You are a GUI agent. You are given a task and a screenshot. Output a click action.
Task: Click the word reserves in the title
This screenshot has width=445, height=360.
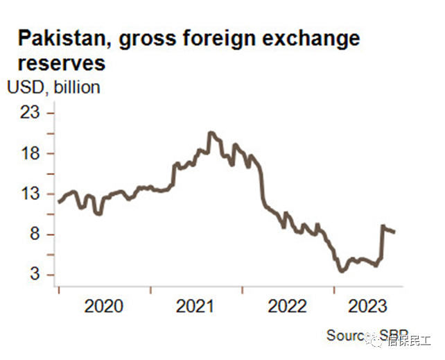click(x=60, y=63)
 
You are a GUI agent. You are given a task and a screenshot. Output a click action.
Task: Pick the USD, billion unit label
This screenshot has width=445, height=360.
click(x=53, y=87)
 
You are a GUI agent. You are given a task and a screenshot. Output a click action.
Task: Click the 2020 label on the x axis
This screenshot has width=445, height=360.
click(x=103, y=307)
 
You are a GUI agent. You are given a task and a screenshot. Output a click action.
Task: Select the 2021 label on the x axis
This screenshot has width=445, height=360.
click(x=196, y=307)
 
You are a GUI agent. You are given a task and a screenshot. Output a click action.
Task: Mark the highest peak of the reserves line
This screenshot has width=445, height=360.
click(x=211, y=132)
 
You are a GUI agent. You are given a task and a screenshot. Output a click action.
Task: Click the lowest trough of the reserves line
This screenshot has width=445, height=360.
click(x=340, y=271)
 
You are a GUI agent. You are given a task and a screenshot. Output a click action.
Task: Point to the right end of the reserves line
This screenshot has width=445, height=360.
click(x=394, y=232)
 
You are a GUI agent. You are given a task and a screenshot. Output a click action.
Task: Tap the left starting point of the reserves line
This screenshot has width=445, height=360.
click(x=59, y=202)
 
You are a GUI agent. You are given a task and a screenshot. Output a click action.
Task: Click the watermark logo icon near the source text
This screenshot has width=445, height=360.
click(x=375, y=340)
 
